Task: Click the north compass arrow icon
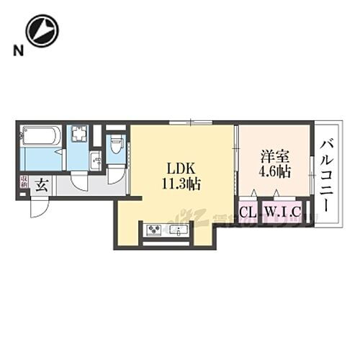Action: tap(42, 31)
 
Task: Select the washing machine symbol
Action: tap(79, 135)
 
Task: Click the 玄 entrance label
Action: tap(42, 184)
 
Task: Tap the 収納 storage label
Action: tap(24, 183)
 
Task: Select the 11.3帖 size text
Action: tap(181, 184)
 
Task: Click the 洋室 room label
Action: tap(272, 156)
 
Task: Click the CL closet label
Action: tap(247, 212)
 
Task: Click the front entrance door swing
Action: tap(40, 207)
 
